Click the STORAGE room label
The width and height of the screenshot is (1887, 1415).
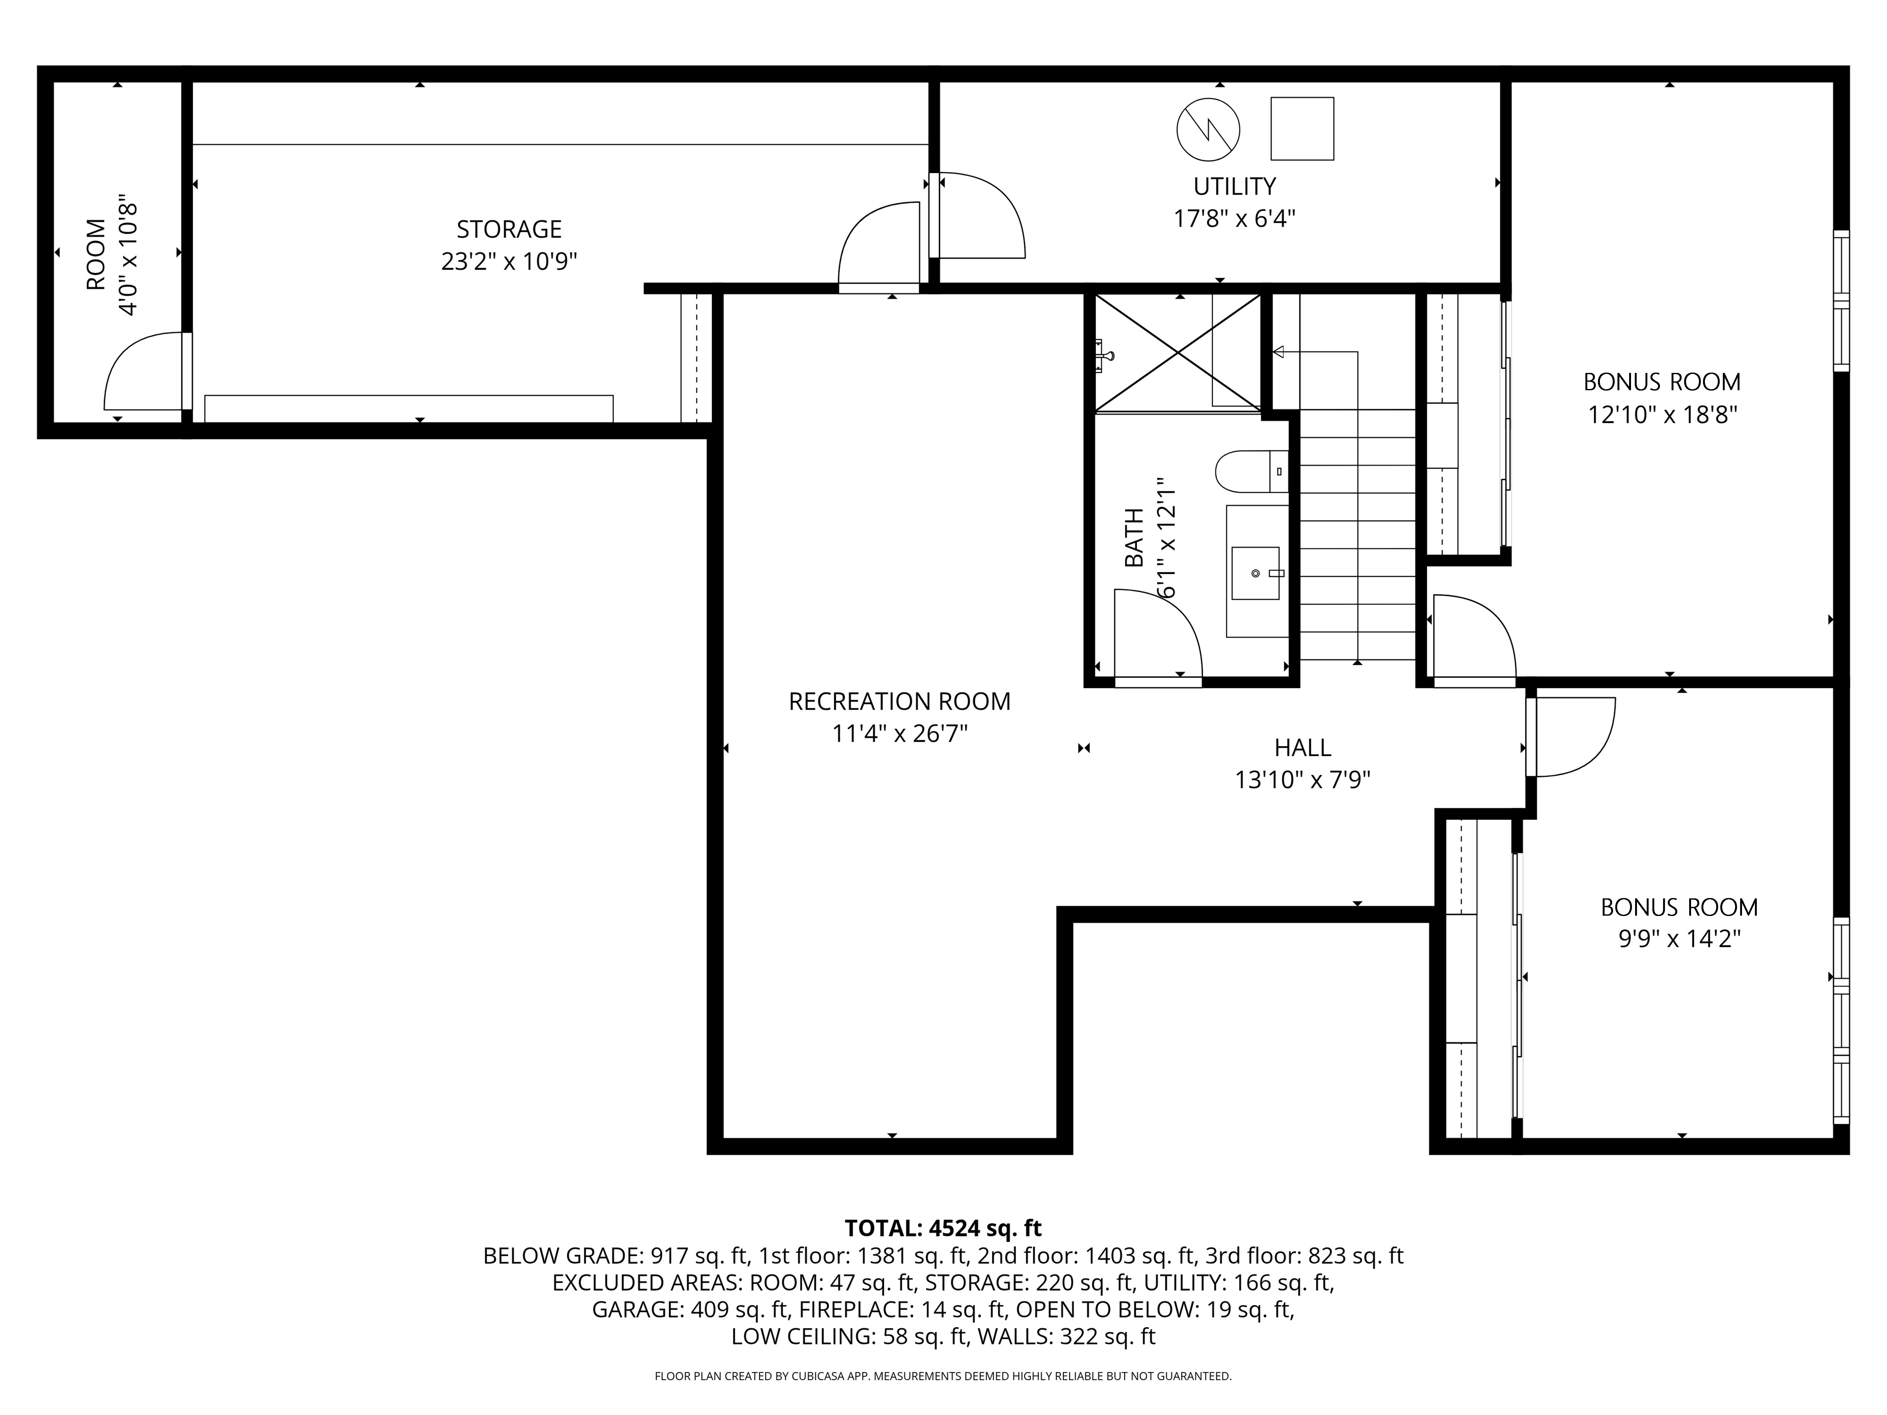pyautogui.click(x=509, y=230)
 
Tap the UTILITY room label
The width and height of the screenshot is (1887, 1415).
pyautogui.click(x=1234, y=186)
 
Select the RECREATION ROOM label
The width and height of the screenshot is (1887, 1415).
pyautogui.click(x=899, y=701)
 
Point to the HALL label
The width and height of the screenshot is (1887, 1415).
pyautogui.click(x=1303, y=748)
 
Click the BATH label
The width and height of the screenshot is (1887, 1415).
pyautogui.click(x=1135, y=537)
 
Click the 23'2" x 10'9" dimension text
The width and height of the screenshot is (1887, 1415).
pyautogui.click(x=509, y=261)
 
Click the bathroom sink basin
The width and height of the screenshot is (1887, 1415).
pyautogui.click(x=1256, y=573)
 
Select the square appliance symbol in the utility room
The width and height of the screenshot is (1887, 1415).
pyautogui.click(x=1302, y=129)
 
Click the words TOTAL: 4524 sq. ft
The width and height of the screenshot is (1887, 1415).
pyautogui.click(x=943, y=1228)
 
